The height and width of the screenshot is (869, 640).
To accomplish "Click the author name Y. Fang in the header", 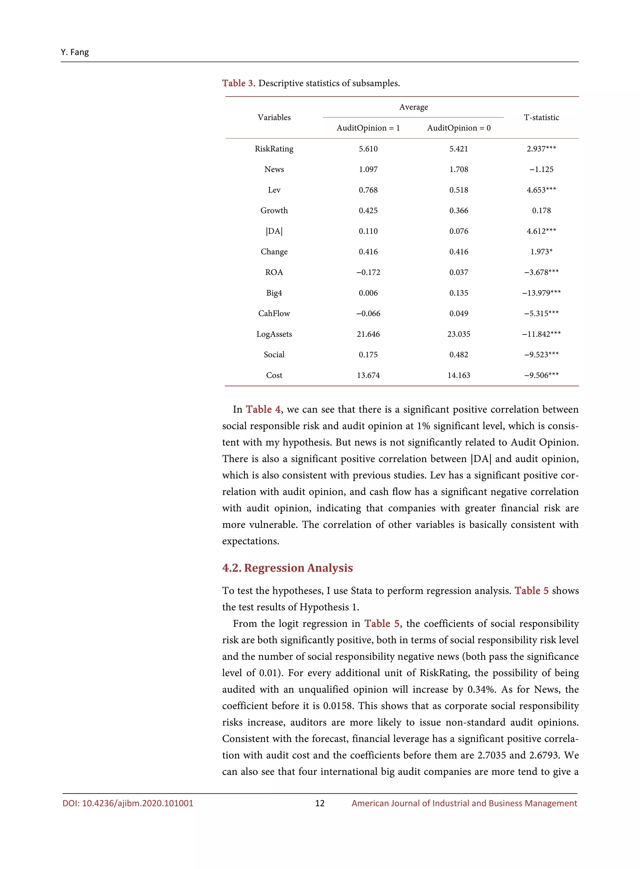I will tap(74, 52).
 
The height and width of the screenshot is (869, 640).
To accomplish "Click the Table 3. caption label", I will tap(238, 83).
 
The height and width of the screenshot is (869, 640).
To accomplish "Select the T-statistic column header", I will tap(541, 118).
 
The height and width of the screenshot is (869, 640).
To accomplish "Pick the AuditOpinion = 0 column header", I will tap(458, 128).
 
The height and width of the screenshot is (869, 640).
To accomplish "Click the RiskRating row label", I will tap(274, 149).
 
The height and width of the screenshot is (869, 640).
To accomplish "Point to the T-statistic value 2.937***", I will tap(541, 149).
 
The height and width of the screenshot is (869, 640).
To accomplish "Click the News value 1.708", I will tap(458, 169).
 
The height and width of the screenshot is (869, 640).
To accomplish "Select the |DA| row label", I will tap(274, 231).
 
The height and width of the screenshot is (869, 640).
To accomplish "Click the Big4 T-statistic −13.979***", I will tap(541, 293).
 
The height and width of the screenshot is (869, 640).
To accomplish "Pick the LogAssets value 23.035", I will tap(458, 334).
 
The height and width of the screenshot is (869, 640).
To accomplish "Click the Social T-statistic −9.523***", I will tap(541, 354).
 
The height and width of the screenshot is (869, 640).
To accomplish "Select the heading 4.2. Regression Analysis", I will tap(287, 568).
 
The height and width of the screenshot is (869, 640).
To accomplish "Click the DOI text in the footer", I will tap(128, 803).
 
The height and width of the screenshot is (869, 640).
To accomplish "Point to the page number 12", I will tap(320, 803).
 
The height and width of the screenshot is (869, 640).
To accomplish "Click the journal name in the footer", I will tap(464, 803).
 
